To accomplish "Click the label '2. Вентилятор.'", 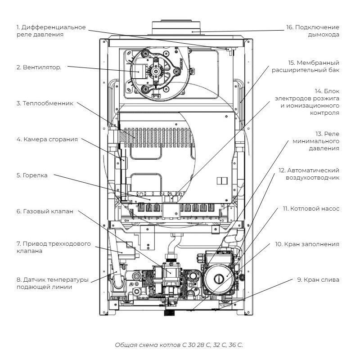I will point(39,67).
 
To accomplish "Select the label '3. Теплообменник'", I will point(44,103).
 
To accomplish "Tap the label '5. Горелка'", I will point(32,175).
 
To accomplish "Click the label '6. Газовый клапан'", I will point(45,211).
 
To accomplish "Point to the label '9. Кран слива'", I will point(318,279).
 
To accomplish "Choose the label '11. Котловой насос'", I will point(311,209).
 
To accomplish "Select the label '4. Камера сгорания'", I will point(47,139).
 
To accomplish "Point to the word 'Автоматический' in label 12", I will point(317,171).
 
